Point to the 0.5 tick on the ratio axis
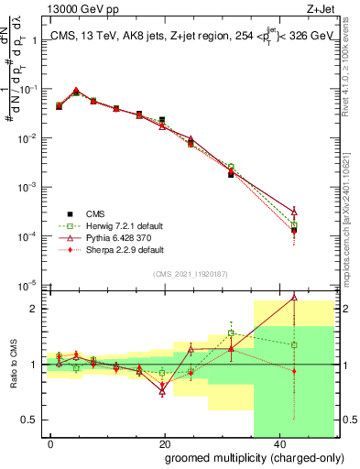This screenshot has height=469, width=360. [x=34, y=420]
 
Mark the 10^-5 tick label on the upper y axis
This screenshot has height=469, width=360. [x=30, y=285]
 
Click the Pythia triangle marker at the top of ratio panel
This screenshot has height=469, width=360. [x=294, y=297]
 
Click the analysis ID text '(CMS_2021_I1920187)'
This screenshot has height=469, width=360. [x=191, y=274]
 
